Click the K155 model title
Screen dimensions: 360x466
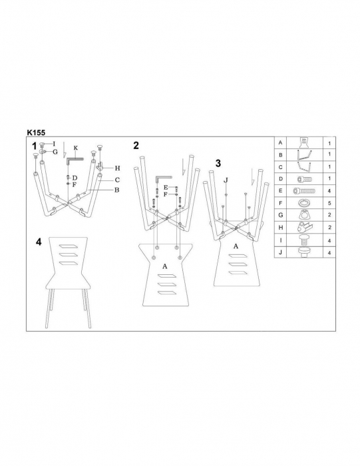[x=36, y=132]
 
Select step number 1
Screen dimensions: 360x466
[x=35, y=146]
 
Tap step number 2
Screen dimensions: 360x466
[x=136, y=145]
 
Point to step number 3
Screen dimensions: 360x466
[x=218, y=163]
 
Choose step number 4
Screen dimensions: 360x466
[x=39, y=242]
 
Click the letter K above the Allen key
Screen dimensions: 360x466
[x=76, y=148]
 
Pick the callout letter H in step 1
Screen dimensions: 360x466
[x=117, y=168]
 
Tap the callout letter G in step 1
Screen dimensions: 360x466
[x=55, y=152]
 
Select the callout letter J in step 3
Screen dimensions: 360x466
[x=226, y=180]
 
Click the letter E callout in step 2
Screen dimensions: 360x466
[x=166, y=188]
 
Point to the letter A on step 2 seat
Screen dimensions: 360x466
[x=165, y=266]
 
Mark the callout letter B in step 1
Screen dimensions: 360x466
[x=116, y=190]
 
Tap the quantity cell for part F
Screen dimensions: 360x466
[x=329, y=203]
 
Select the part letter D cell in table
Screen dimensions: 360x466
[x=280, y=179]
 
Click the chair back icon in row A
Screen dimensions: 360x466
[x=304, y=142]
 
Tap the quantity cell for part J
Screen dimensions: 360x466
[x=329, y=253]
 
